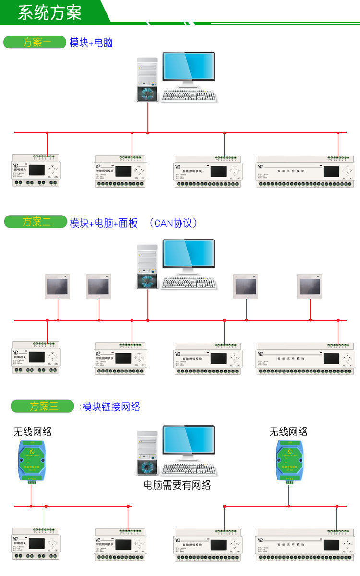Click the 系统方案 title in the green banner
[x=49, y=12]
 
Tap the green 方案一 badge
[x=35, y=42]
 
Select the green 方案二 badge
[x=35, y=222]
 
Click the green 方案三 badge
[x=42, y=406]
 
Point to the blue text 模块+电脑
[x=91, y=43]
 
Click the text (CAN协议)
[x=173, y=223]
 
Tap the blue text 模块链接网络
[x=111, y=407]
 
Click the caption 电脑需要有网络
[x=178, y=485]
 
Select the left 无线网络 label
[x=32, y=432]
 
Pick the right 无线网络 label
[x=288, y=432]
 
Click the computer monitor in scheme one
[x=188, y=68]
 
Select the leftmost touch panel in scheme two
[x=57, y=287]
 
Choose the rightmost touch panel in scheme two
[x=310, y=287]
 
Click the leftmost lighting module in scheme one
[x=36, y=170]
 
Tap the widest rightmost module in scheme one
[x=305, y=171]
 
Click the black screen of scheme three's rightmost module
[x=332, y=545]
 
